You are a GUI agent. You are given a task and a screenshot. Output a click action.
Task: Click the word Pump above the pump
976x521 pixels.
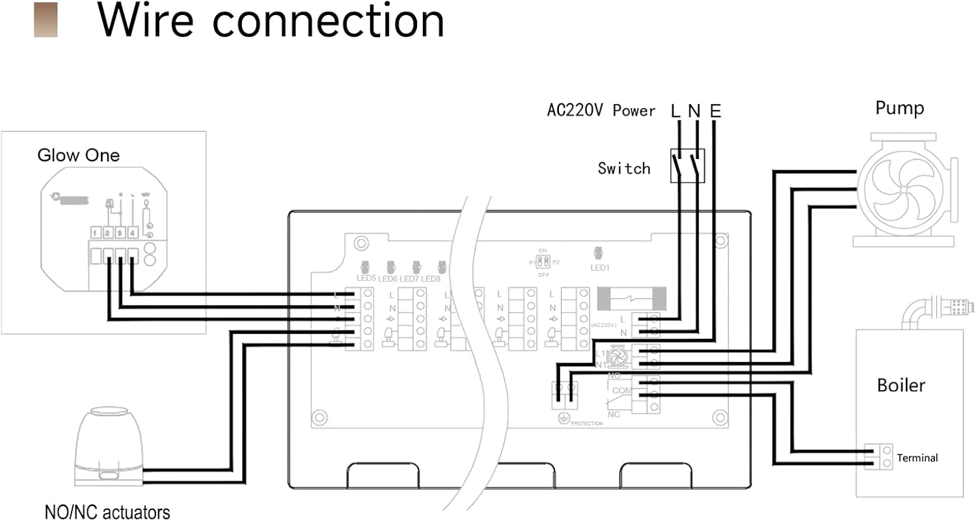point(899,108)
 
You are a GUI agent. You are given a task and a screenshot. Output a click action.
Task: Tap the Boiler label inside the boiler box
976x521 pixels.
point(901,385)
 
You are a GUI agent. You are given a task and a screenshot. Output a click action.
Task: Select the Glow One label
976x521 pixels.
point(79,156)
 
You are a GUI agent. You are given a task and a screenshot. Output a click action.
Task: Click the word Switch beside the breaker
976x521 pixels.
point(624,169)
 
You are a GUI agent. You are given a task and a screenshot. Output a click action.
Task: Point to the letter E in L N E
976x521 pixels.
point(715,111)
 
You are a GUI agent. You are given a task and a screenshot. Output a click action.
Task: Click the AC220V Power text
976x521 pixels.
point(601,111)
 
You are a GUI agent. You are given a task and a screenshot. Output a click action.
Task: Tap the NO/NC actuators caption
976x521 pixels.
point(107,512)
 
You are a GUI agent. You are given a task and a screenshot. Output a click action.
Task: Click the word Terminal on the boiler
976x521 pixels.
point(917,458)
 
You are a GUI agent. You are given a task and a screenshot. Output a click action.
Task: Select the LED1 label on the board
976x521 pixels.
point(599,267)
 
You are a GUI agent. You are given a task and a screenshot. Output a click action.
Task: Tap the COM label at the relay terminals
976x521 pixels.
point(622,390)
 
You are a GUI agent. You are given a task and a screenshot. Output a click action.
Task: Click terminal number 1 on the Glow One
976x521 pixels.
point(95,232)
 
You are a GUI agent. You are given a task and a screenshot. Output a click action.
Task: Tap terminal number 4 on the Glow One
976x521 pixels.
point(132,232)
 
